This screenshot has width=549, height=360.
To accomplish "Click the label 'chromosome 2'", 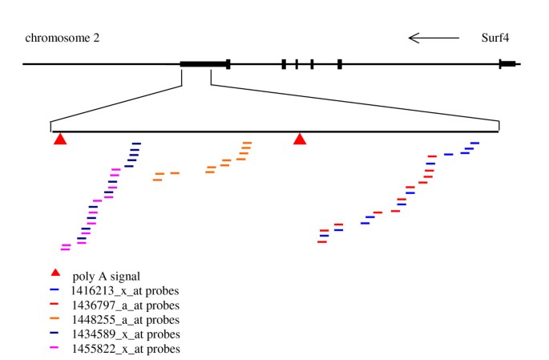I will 63,38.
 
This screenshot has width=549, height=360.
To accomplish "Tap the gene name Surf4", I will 497,38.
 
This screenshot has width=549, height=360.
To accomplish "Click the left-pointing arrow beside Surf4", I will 434,38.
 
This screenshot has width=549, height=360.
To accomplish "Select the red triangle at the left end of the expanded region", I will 59,140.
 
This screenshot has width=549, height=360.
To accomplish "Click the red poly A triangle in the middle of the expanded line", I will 300,140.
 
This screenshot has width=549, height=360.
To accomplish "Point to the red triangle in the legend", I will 56,275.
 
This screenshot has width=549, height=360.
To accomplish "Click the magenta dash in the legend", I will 55,348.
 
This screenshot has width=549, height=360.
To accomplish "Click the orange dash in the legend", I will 55,319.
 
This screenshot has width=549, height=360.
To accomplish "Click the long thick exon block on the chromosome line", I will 204,63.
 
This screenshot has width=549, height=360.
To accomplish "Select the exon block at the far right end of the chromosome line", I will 507,63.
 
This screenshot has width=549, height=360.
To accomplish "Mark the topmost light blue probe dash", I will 475,144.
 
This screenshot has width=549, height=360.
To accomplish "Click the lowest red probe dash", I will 322,242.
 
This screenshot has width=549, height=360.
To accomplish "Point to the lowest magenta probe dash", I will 65,250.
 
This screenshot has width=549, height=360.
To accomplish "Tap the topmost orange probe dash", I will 247,144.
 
